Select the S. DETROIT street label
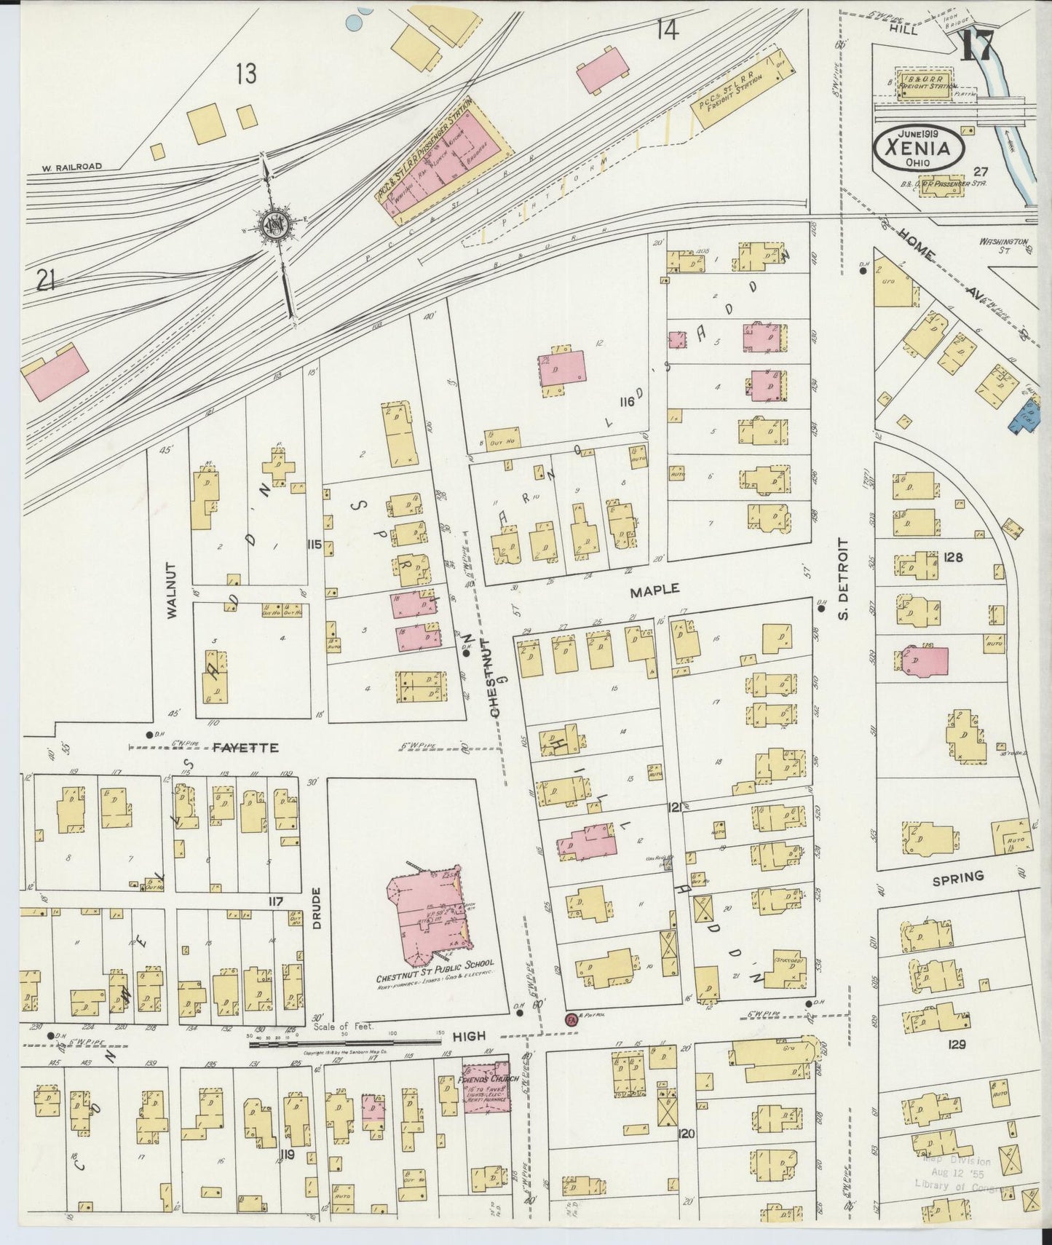844,579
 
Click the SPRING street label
957,878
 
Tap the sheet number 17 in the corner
976,49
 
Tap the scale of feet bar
345,1043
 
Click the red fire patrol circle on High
571,1019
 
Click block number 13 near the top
247,74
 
